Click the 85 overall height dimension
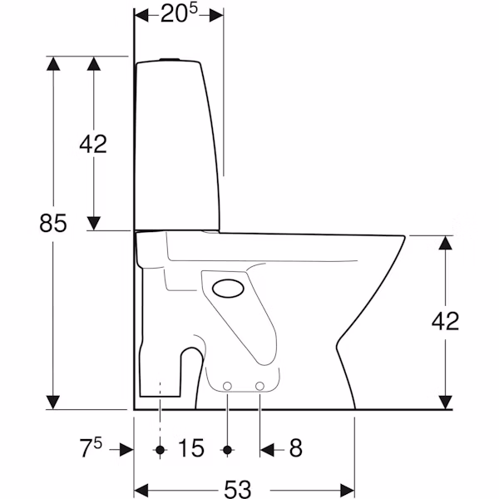[53, 223]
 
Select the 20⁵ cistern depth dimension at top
[179, 14]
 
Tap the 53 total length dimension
[238, 489]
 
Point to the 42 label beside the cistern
[93, 144]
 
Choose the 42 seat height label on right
[445, 321]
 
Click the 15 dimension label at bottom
[191, 447]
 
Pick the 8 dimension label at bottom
[295, 447]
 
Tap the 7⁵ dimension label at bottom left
[91, 447]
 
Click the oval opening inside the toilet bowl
[228, 289]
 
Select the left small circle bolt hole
[227, 387]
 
